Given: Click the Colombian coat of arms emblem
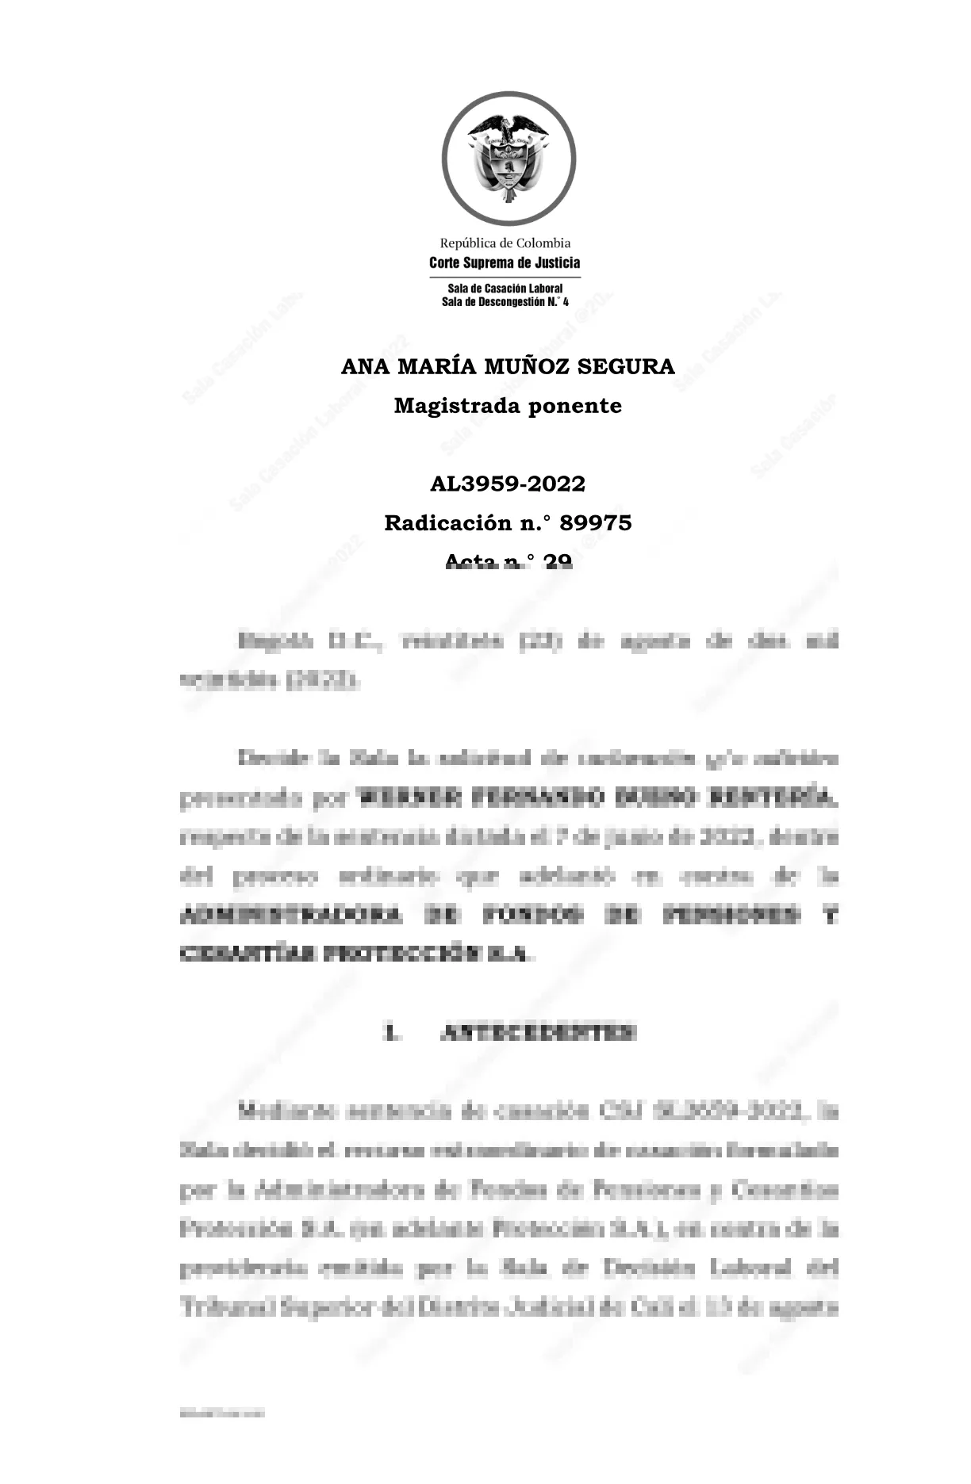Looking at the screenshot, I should (509, 159).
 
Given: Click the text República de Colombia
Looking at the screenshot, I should (505, 243).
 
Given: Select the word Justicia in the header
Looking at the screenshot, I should (555, 262).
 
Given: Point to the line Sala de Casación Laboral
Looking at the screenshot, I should (505, 289).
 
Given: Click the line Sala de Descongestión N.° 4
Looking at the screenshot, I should (505, 301).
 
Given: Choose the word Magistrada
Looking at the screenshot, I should (457, 406).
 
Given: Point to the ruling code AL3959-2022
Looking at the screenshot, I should (508, 484).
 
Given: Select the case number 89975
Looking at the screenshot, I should (596, 523).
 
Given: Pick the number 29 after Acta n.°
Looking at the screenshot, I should (558, 561).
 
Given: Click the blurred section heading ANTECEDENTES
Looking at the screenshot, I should (538, 1033).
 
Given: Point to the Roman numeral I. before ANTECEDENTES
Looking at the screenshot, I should (390, 1033).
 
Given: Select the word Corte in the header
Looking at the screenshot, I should (446, 262).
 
